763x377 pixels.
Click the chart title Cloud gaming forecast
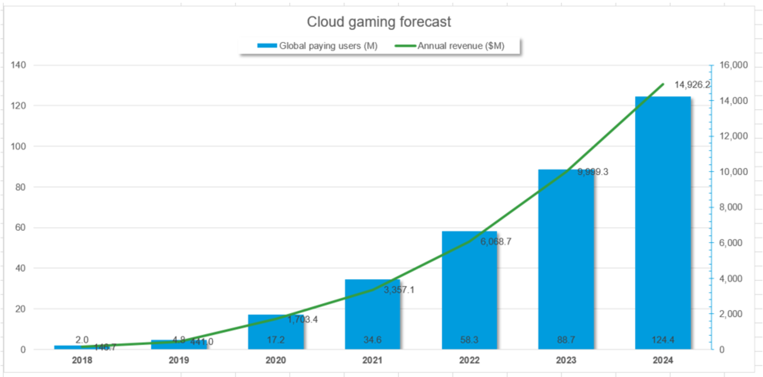coord(379,22)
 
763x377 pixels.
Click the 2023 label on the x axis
coord(566,361)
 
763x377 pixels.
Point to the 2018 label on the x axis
coord(82,361)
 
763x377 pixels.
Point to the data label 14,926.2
coord(692,85)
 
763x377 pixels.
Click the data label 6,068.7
coord(495,242)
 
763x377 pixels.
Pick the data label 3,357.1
coord(399,290)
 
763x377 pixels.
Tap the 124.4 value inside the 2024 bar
coord(663,340)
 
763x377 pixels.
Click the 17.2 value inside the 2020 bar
coord(275,340)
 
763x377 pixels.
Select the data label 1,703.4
coord(302,319)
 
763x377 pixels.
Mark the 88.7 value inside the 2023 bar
coord(566,340)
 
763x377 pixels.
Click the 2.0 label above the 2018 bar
coord(82,340)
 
